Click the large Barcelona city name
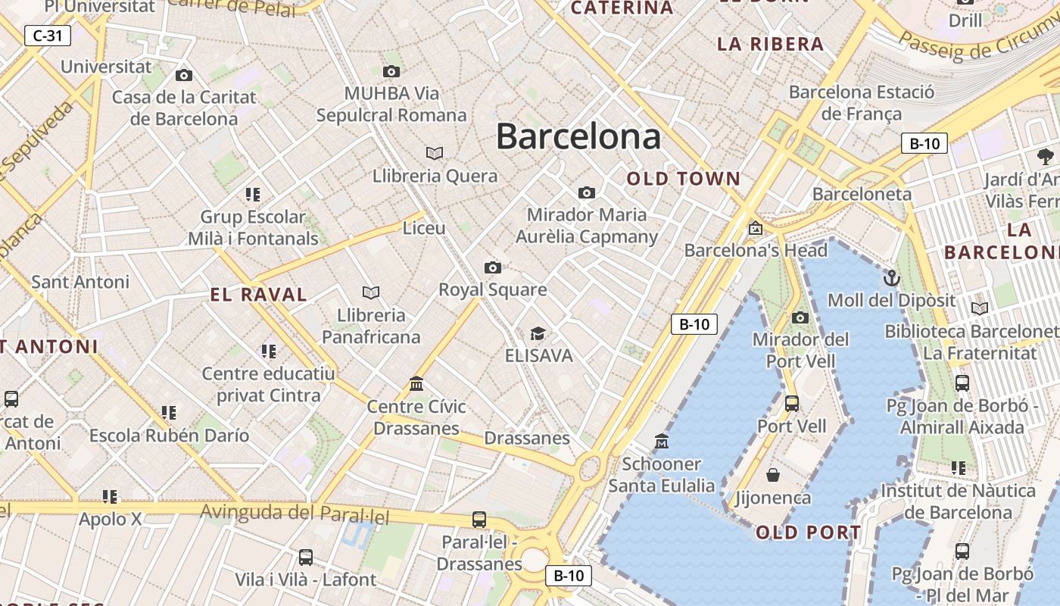(578, 136)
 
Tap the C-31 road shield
(48, 35)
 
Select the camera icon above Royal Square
(493, 267)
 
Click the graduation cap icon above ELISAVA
(538, 333)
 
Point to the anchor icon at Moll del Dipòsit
(891, 278)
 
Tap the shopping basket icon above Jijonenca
(773, 475)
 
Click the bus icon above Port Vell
(792, 404)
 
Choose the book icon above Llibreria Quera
(435, 154)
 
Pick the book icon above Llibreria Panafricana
(371, 292)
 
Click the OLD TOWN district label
(684, 180)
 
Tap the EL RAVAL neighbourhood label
(259, 295)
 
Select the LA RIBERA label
(771, 44)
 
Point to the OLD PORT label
(809, 533)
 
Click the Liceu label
(424, 227)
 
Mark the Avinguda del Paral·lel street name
(295, 514)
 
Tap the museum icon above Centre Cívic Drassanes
(416, 384)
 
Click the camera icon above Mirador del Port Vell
(800, 317)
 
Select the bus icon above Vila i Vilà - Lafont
(306, 558)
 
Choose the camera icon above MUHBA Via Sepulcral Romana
(391, 72)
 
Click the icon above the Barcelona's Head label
(755, 228)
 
